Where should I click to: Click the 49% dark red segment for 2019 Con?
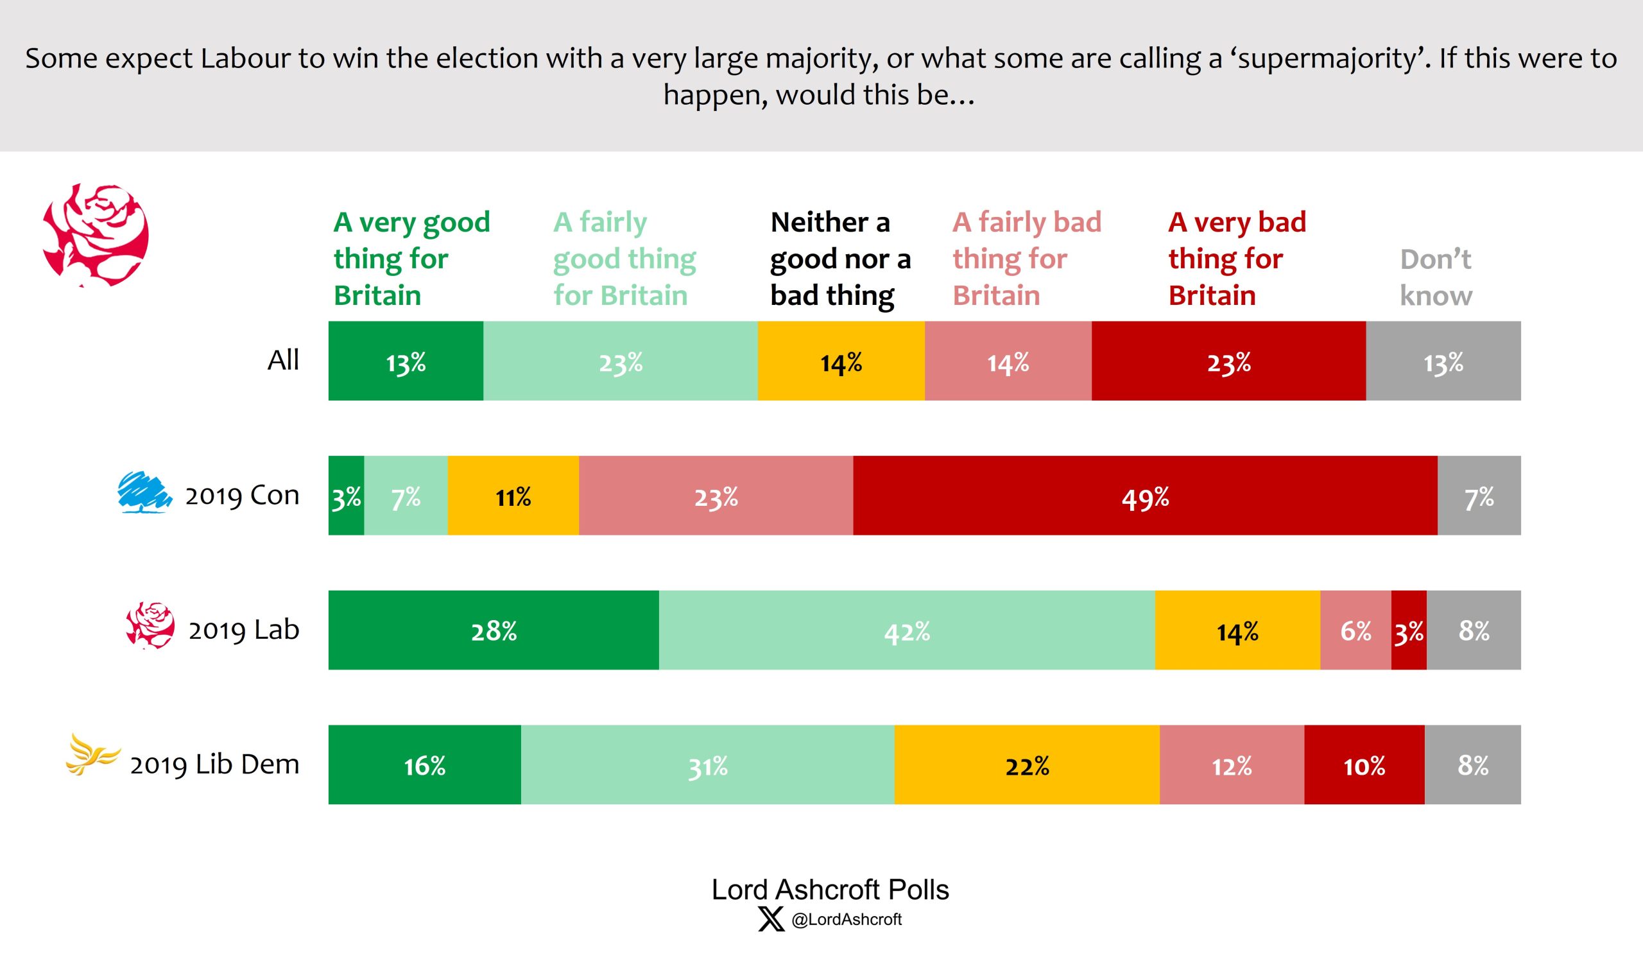coord(1145,495)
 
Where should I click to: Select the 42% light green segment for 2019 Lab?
coord(906,630)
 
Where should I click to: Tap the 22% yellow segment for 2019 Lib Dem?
coord(1026,765)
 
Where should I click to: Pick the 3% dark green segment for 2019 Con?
coord(345,495)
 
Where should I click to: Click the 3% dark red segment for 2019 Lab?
coord(1408,630)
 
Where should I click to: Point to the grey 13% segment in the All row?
coord(1442,361)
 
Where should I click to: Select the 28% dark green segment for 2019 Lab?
coord(493,630)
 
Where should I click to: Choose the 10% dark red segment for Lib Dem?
coord(1363,765)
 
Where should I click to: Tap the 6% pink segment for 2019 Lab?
coord(1355,630)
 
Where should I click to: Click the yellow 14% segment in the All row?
coord(841,361)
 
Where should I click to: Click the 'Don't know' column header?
coord(1435,277)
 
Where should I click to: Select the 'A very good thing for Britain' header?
coord(411,259)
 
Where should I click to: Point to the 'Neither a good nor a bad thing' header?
coord(840,259)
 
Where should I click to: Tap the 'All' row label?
coord(283,360)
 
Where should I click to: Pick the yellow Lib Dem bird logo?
coord(92,755)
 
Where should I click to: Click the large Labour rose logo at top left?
coord(96,235)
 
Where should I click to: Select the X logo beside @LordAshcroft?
coord(771,919)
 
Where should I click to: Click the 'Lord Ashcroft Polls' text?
coord(829,890)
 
